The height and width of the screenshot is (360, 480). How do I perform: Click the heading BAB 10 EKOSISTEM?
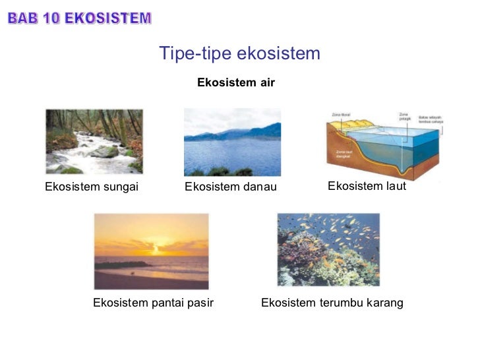pos(79,18)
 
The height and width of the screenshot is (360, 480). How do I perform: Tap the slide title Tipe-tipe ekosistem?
pos(239,53)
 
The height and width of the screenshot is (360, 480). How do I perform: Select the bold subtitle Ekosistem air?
pos(236,82)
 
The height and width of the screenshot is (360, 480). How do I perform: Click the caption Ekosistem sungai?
pos(92,187)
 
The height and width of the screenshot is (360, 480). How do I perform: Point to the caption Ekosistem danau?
pos(231,187)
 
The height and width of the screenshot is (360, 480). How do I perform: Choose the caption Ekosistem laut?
pos(367,186)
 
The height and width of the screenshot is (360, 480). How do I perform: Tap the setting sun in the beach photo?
pos(156,249)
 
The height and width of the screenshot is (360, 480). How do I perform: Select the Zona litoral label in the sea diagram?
pos(340,115)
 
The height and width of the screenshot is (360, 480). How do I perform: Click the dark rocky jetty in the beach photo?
pos(122,265)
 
